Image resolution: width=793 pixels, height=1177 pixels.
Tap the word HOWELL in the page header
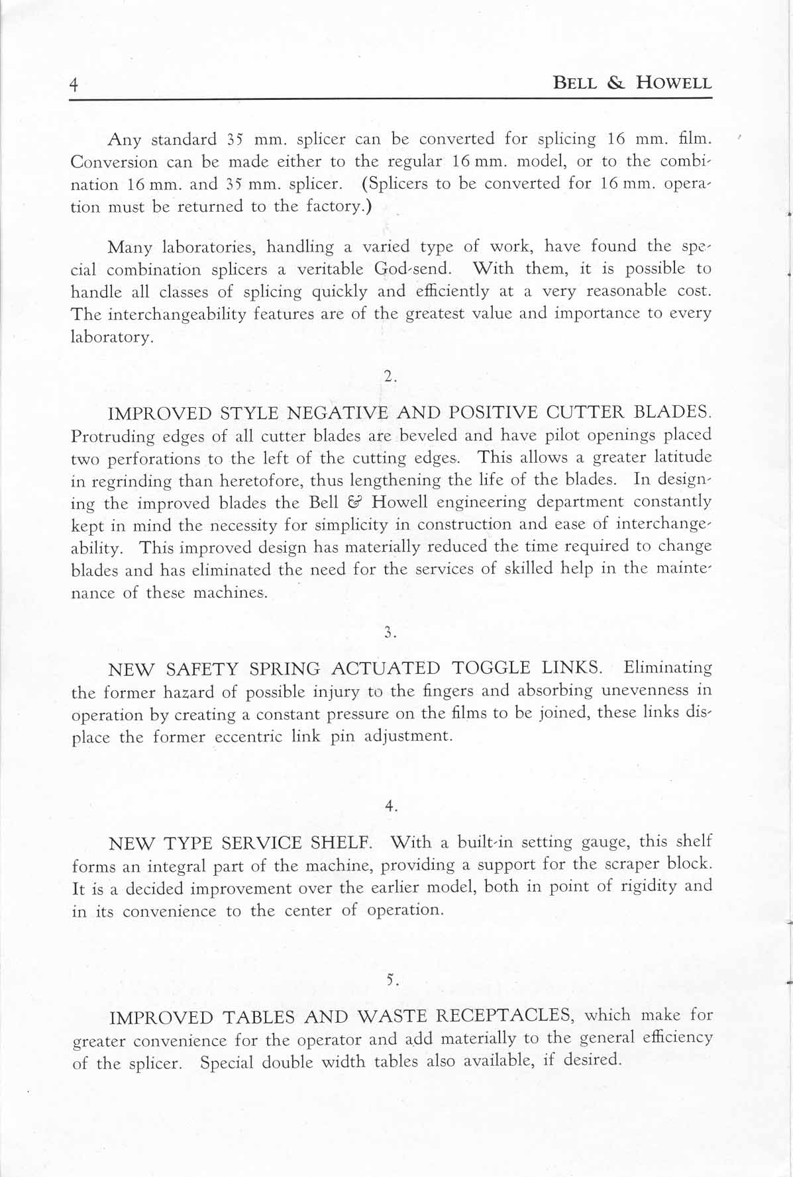(x=674, y=83)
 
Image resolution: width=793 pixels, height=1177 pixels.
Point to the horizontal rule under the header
(x=391, y=99)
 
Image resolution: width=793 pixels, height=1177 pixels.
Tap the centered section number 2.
(x=390, y=377)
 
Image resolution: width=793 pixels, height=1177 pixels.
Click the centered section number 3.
(x=390, y=633)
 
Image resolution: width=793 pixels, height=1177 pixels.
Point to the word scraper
(x=627, y=865)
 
